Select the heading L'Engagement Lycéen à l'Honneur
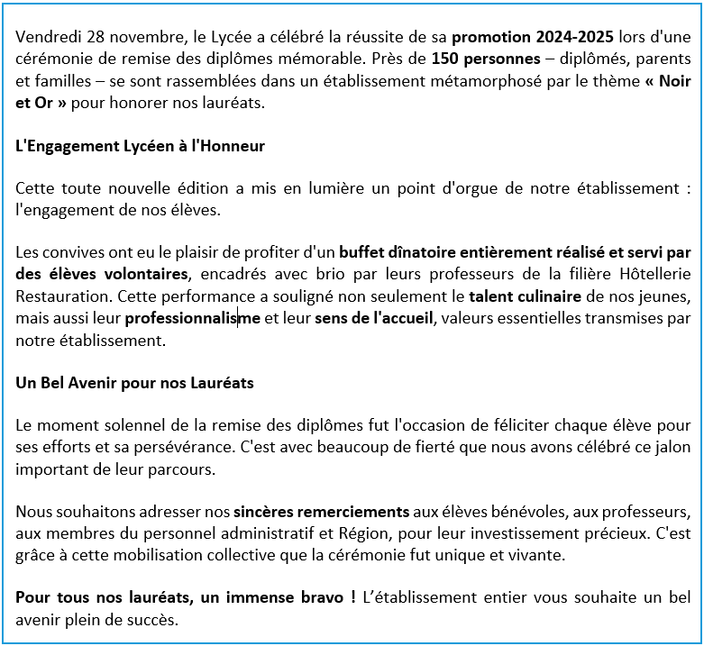(x=141, y=145)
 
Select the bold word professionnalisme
(x=193, y=318)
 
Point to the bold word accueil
(x=402, y=318)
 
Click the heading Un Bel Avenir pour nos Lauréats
(x=135, y=383)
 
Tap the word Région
(x=370, y=533)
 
